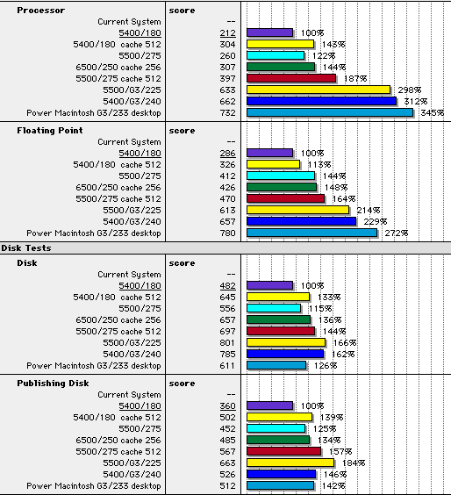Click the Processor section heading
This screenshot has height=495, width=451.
tap(41, 11)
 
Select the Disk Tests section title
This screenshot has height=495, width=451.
tap(25, 248)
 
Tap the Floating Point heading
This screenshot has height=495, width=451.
tap(50, 131)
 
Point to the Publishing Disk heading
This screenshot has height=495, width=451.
tap(53, 384)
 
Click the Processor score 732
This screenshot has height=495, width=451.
tap(227, 113)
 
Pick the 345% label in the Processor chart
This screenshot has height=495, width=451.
tap(432, 113)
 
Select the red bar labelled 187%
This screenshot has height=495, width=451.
tap(291, 78)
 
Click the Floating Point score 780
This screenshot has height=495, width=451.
tap(227, 233)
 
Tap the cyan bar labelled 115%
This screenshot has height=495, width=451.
tap(274, 308)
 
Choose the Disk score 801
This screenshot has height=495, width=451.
tap(227, 343)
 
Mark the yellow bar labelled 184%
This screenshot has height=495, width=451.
tap(290, 463)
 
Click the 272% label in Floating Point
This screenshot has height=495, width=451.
tap(396, 233)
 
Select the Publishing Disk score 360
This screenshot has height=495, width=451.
tap(227, 406)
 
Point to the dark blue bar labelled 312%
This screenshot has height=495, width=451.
tap(322, 101)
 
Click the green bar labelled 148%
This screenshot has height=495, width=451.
tap(282, 187)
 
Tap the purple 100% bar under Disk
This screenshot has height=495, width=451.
tap(270, 285)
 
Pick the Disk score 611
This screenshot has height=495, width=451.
tap(227, 366)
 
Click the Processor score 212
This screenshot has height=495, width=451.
tap(227, 33)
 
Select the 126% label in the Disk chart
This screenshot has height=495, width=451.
tap(326, 366)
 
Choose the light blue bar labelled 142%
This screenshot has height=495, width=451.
tap(280, 485)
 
